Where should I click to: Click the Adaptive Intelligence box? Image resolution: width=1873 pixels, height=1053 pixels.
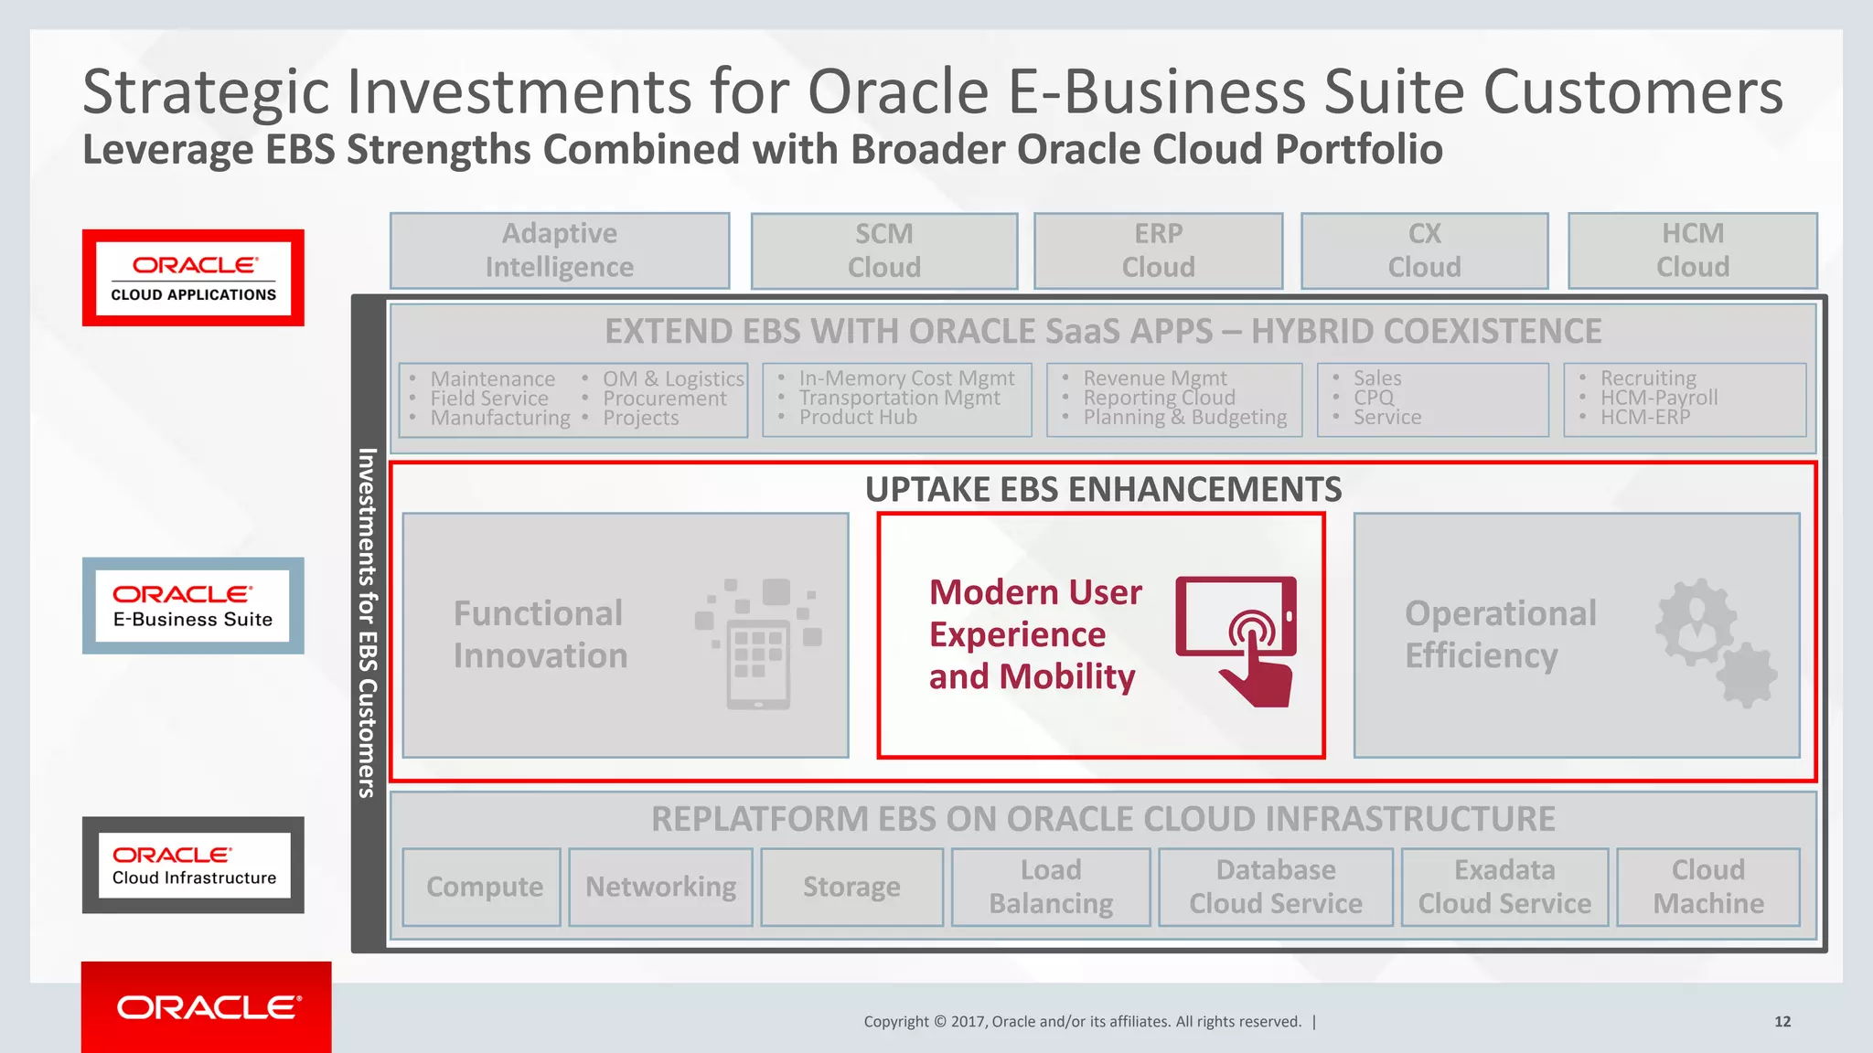pos(560,250)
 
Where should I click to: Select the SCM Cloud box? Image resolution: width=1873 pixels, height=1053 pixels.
pos(883,250)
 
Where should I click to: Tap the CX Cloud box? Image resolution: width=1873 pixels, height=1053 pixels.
pos(1424,250)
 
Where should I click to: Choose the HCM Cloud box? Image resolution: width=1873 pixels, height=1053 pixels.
pos(1692,250)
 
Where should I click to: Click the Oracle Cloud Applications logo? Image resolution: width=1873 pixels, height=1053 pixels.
pos(193,278)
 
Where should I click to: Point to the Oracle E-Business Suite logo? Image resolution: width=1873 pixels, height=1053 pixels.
pos(193,606)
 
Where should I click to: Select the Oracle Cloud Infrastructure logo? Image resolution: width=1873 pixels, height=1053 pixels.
pos(193,865)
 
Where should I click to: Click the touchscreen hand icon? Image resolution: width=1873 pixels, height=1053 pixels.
pos(1237,640)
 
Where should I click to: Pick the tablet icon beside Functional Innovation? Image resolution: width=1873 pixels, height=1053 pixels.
pos(758,643)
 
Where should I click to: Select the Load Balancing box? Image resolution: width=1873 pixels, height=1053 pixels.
pos(1051,887)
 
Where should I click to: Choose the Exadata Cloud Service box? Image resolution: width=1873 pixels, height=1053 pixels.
pos(1504,887)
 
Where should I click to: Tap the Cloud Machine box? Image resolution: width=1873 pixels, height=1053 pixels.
pos(1708,887)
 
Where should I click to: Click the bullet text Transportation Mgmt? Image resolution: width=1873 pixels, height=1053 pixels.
pos(899,398)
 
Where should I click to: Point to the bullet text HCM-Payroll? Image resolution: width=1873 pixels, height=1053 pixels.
pos(1658,398)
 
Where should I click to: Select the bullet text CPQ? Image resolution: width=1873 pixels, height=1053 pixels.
pos(1374,398)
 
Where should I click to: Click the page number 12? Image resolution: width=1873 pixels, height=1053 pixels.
pos(1782,1022)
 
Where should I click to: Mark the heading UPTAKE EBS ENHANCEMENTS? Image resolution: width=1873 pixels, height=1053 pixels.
pos(1103,490)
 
